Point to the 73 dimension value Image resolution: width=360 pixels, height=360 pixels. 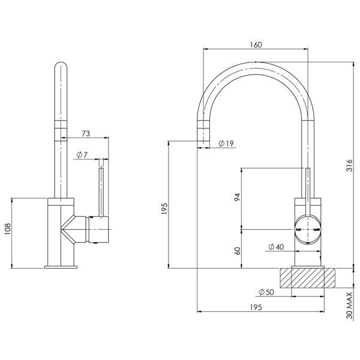[x=86, y=133]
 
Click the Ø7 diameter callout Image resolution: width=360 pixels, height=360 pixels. [x=82, y=155]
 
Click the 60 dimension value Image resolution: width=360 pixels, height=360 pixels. [x=237, y=250]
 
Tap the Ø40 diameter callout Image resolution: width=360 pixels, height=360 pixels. [x=275, y=247]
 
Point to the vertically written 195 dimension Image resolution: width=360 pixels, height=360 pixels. [x=164, y=208]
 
